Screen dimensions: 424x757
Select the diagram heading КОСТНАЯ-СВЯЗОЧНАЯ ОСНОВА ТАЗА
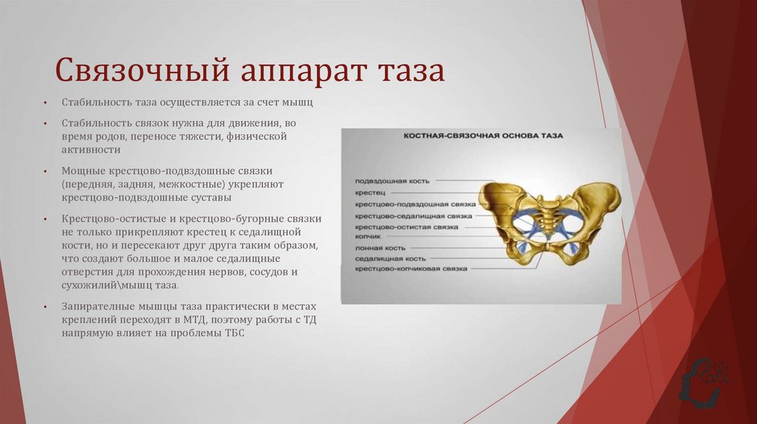(482, 137)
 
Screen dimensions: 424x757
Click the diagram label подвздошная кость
(392, 180)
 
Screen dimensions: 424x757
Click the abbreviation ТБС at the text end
(233, 332)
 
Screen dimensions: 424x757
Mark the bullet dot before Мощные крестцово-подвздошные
(45, 171)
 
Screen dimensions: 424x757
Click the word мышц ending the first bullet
(303, 103)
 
